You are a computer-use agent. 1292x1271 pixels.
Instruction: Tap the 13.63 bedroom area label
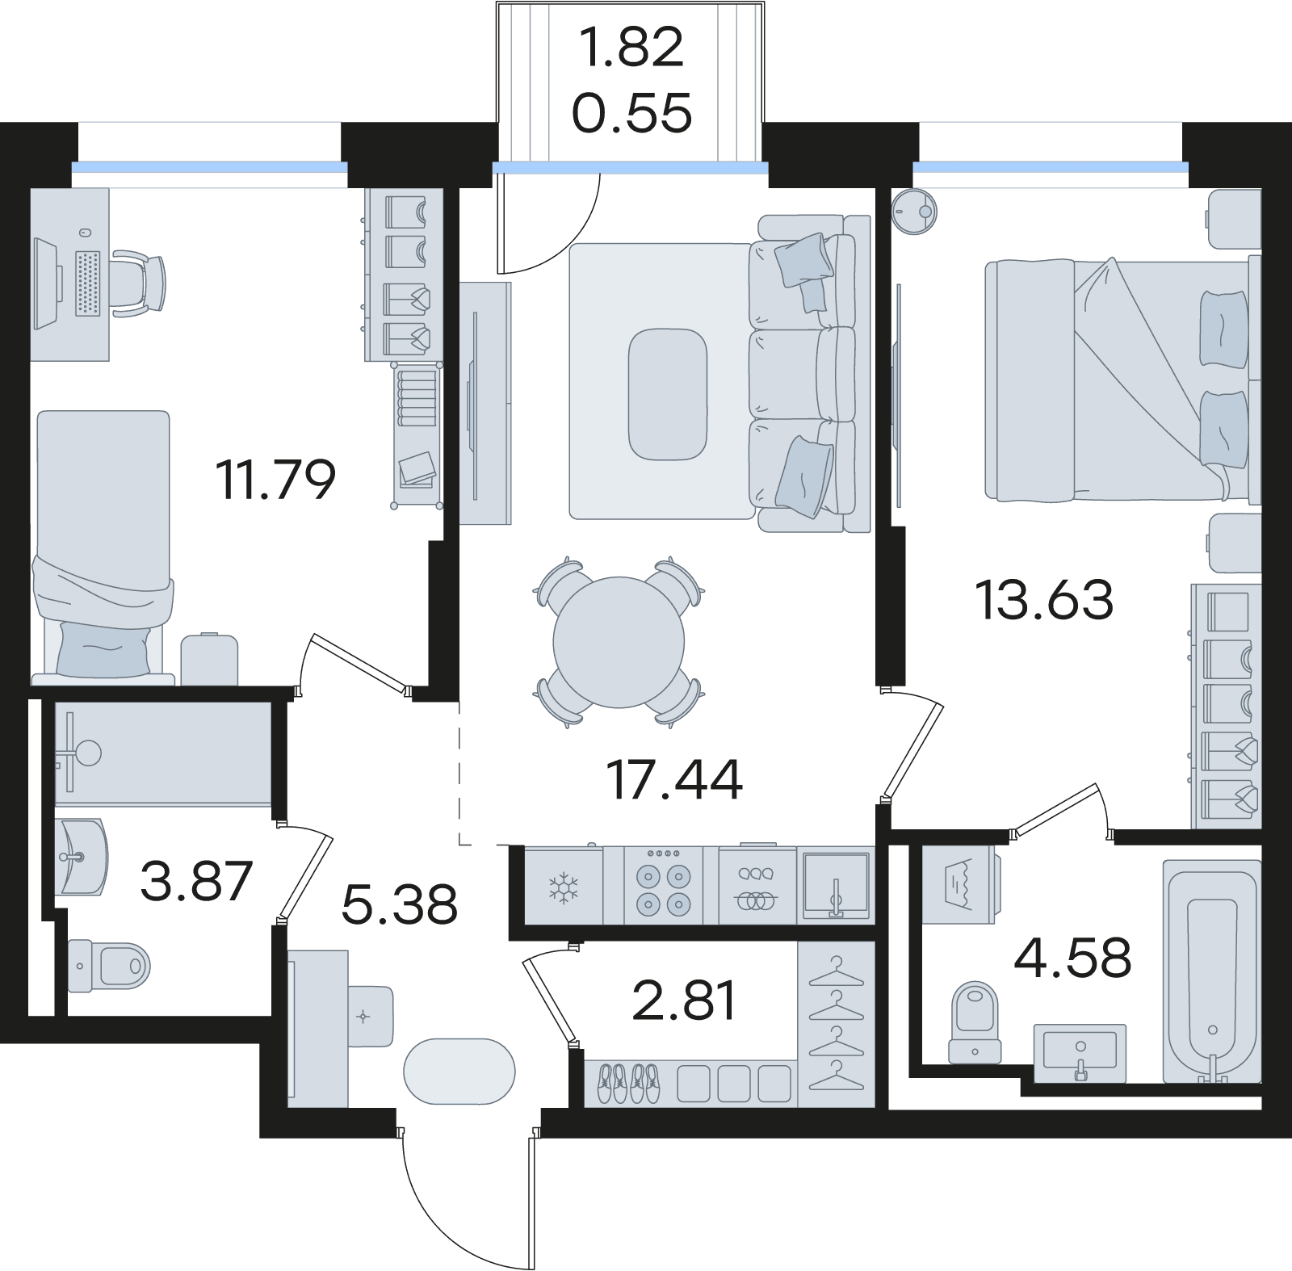tap(1044, 599)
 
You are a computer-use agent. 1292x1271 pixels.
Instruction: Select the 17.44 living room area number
tap(673, 780)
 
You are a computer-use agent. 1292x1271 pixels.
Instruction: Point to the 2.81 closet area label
tap(684, 1000)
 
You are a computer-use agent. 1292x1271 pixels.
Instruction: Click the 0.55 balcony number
tap(631, 112)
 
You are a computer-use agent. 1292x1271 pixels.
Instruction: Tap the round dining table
tap(619, 642)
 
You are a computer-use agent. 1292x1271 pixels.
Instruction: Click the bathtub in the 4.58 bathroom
tap(1211, 971)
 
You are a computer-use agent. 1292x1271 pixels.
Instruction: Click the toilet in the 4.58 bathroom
tap(975, 1021)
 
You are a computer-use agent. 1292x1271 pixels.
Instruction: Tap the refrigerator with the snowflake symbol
tap(563, 885)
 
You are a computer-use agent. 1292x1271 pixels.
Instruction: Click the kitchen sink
tap(836, 885)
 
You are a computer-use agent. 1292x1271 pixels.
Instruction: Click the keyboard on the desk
tap(87, 283)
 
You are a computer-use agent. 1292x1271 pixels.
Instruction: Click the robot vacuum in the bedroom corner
tap(915, 212)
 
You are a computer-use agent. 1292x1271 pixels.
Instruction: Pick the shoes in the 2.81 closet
tap(629, 1082)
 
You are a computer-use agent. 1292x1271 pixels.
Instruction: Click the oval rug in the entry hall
tap(459, 1071)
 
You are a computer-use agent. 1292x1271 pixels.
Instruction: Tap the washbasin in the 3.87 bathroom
tap(80, 857)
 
